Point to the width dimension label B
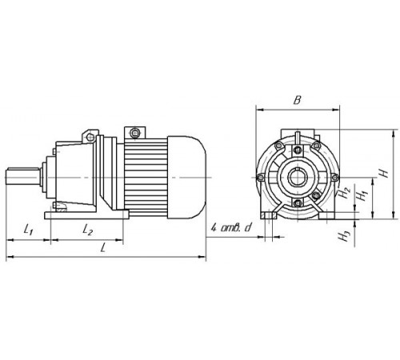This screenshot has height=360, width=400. pyautogui.click(x=297, y=101)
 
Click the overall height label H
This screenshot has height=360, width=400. pyautogui.click(x=384, y=171)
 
